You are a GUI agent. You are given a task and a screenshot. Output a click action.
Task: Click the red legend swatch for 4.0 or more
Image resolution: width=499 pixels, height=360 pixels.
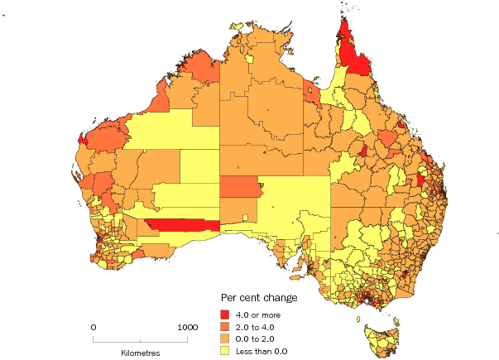(x=225, y=314)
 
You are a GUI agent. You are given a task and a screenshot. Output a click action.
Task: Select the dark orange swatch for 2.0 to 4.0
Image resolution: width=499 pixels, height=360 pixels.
(x=225, y=326)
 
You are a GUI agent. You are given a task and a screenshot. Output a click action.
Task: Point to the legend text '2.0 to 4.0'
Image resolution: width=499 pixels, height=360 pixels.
(x=257, y=326)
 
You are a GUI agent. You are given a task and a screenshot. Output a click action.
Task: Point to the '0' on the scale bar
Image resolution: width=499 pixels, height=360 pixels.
(x=94, y=327)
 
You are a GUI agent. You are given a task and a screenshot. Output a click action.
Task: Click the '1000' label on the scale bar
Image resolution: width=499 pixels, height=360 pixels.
(x=188, y=327)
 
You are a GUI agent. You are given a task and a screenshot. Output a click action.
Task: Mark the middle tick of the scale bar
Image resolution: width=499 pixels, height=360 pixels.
(x=141, y=339)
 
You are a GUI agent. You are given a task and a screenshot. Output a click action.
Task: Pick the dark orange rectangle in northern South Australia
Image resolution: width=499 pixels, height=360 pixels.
(x=239, y=186)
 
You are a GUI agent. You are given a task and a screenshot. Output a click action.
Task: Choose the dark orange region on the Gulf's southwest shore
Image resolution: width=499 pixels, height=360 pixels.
(x=313, y=93)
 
